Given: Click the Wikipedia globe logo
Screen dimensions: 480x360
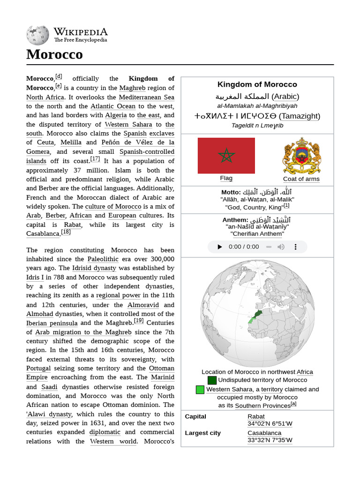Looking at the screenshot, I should point(37,35).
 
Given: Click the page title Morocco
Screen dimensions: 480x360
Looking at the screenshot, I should point(54,54).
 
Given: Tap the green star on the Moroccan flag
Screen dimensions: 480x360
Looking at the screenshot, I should point(226,155).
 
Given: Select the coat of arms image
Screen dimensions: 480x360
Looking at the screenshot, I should point(301,156).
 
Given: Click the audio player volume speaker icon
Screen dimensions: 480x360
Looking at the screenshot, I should point(281,247).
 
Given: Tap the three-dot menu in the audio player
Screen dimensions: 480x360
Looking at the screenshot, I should point(295,247).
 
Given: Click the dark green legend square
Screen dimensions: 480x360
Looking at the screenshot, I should point(212,380).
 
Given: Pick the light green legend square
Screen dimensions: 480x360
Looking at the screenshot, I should point(200,390).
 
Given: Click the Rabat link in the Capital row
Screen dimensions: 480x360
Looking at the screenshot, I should point(256,416).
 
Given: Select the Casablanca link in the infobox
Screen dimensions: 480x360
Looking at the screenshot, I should point(264,433).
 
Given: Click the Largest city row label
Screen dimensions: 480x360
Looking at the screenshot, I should point(202,433).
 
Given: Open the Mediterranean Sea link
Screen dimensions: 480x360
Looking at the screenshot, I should point(146,97).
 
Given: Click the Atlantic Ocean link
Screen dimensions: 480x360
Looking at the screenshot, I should point(113,106).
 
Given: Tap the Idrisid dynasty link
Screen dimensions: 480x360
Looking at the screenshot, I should point(94,268).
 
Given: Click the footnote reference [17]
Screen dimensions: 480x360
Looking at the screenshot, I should point(95,159).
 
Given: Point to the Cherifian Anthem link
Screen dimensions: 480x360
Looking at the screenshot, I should point(257,233).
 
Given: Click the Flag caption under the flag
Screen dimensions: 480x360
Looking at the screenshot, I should point(226,178).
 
